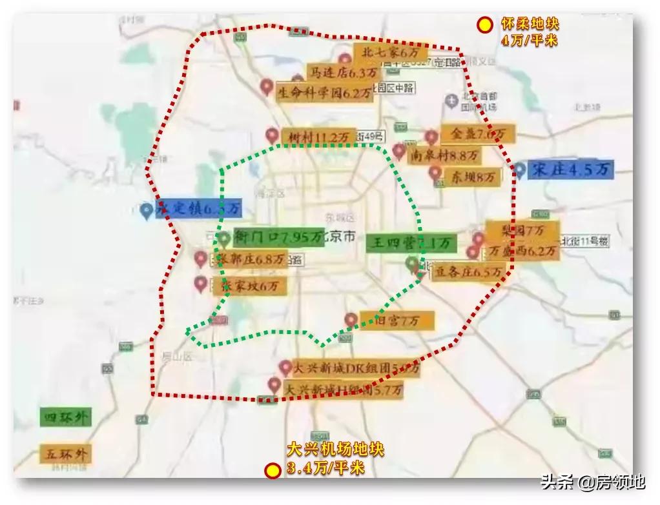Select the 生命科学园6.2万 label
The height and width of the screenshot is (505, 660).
pyautogui.click(x=325, y=92)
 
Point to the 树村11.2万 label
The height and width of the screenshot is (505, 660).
pyautogui.click(x=318, y=137)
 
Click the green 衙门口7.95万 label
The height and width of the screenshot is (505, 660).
pyautogui.click(x=278, y=238)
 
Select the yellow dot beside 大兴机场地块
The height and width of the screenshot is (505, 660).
pyautogui.click(x=273, y=470)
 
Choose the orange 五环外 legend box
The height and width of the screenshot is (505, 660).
pyautogui.click(x=65, y=453)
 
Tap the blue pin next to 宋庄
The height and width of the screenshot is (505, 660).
pyautogui.click(x=519, y=170)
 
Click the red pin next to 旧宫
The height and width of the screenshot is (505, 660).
pyautogui.click(x=351, y=319)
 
